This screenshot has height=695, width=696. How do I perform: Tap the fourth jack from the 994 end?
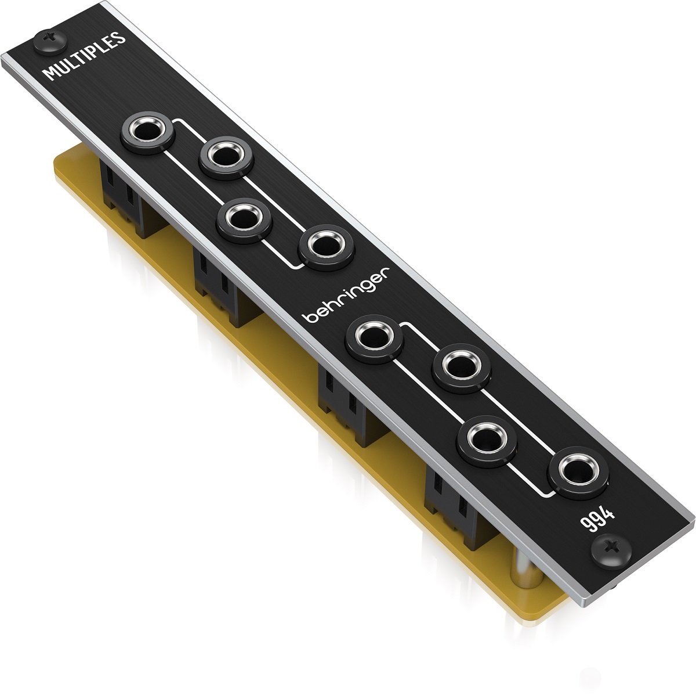(374, 338)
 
